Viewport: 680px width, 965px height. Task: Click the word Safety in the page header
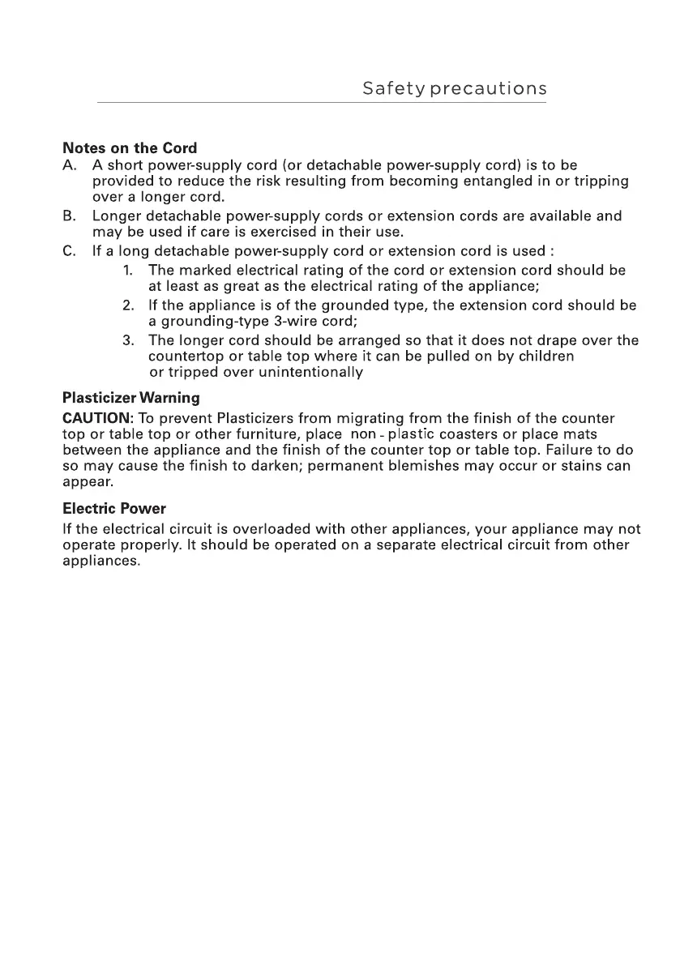[x=392, y=89]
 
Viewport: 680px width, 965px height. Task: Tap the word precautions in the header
[x=488, y=89]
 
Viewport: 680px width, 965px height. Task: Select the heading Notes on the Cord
[x=130, y=149]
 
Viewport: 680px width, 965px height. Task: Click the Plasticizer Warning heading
[x=130, y=399]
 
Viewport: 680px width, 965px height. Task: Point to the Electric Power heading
[x=113, y=509]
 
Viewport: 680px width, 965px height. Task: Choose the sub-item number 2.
[x=128, y=305]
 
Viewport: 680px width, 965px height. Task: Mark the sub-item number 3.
[x=128, y=340]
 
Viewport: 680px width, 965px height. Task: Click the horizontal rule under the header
[x=322, y=103]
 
